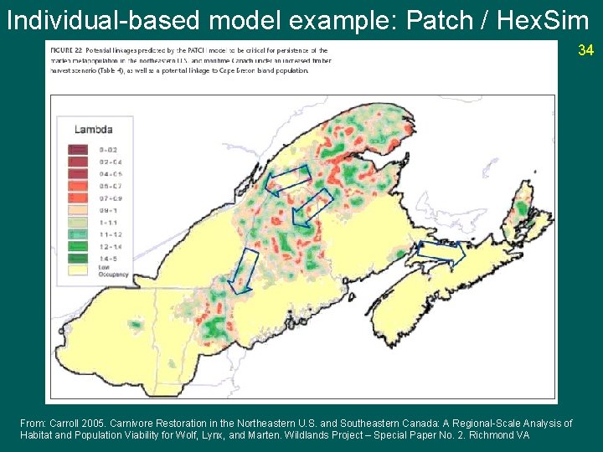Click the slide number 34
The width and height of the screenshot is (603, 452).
point(585,51)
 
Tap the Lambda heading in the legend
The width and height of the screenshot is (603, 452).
point(93,129)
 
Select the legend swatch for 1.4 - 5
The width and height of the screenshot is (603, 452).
point(77,259)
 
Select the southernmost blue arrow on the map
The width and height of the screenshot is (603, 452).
point(245,271)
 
